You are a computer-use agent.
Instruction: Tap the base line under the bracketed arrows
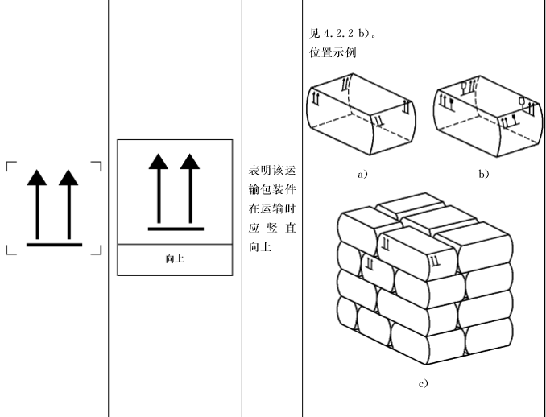tap(54, 243)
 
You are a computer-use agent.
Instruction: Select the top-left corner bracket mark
tap(11, 167)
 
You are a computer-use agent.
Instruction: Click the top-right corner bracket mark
tap(97, 167)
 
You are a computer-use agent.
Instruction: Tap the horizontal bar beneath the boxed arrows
tap(175, 229)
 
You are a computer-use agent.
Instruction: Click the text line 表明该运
tap(272, 171)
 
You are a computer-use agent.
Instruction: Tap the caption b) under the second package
tap(485, 173)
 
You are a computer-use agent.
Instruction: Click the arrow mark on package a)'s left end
tap(316, 100)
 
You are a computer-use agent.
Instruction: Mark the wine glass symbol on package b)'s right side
tap(521, 102)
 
